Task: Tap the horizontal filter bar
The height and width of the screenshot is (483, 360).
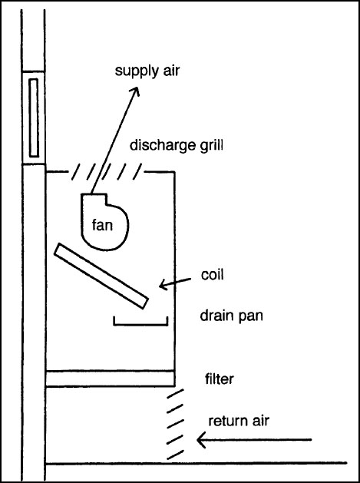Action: point(110,379)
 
